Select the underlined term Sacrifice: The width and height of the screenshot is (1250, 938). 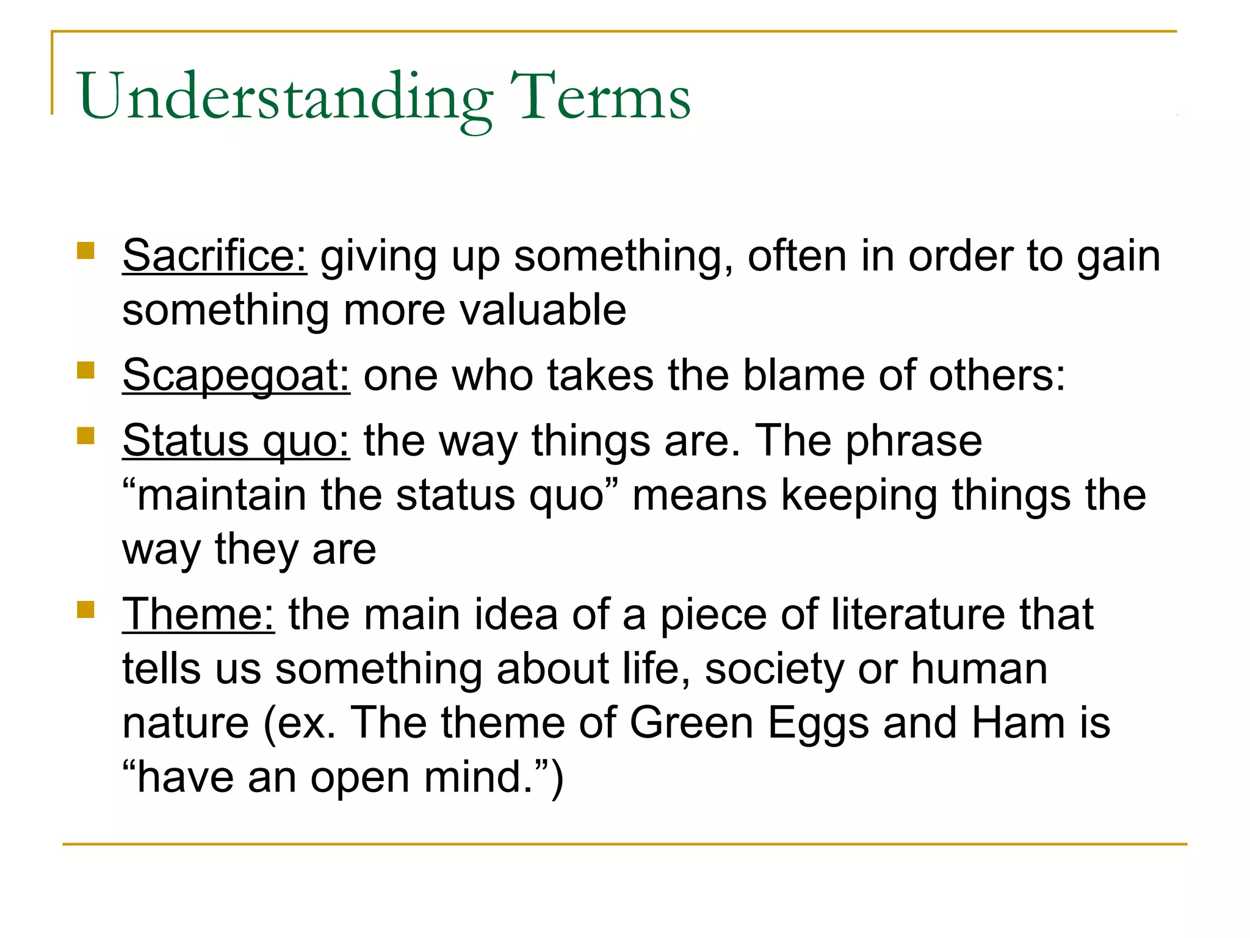pos(215,256)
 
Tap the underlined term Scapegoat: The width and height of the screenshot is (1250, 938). pos(236,375)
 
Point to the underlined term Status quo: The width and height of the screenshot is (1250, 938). pos(236,440)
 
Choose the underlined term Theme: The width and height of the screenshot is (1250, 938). pos(198,614)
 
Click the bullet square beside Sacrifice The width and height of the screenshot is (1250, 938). pos(86,251)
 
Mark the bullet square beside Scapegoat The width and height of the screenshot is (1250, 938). pos(86,370)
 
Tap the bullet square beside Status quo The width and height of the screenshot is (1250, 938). pos(86,435)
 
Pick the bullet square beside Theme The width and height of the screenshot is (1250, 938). pos(86,609)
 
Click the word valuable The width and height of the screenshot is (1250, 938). pos(543,310)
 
